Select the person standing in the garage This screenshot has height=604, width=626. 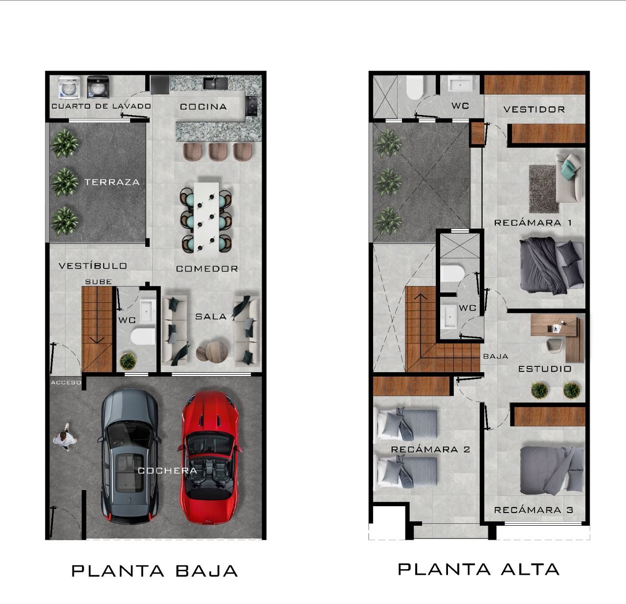(65, 437)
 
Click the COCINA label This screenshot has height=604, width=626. (203, 107)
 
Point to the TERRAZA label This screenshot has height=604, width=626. (112, 182)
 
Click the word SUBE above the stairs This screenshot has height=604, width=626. (98, 282)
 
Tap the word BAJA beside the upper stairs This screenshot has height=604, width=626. (496, 357)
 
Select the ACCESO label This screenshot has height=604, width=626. (66, 382)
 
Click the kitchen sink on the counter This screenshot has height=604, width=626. (215, 83)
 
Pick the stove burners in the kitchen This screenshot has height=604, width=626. (252, 106)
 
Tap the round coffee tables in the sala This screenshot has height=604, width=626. (212, 352)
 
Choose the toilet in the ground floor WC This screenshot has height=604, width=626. (143, 336)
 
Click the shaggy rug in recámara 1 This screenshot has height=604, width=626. (544, 189)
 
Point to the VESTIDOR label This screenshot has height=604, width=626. (534, 110)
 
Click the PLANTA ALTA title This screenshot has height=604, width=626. (479, 569)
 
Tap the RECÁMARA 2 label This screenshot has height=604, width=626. (430, 449)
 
